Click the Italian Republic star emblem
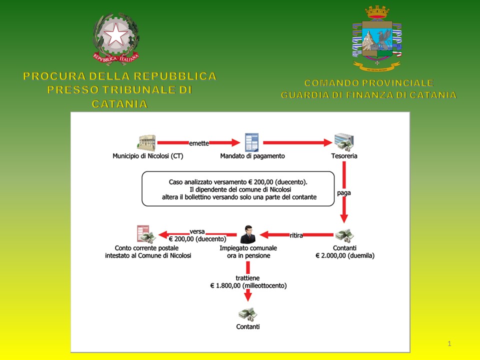pyautogui.click(x=115, y=36)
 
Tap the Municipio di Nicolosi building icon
pyautogui.click(x=146, y=142)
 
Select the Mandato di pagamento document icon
pyautogui.click(x=251, y=142)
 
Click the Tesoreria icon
pyautogui.click(x=343, y=142)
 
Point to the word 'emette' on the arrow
pyautogui.click(x=198, y=142)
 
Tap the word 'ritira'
pyautogui.click(x=296, y=235)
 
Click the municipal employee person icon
pyautogui.click(x=248, y=233)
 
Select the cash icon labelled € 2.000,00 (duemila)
pyautogui.click(x=344, y=235)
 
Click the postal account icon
pyautogui.click(x=144, y=233)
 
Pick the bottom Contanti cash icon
pyautogui.click(x=247, y=314)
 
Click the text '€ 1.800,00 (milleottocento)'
pyautogui.click(x=248, y=286)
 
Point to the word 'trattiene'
pyautogui.click(x=248, y=277)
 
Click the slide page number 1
pyautogui.click(x=449, y=343)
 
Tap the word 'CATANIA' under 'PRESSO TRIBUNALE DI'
pyautogui.click(x=119, y=104)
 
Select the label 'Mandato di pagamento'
pyautogui.click(x=252, y=156)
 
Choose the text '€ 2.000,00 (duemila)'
pyautogui.click(x=345, y=255)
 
